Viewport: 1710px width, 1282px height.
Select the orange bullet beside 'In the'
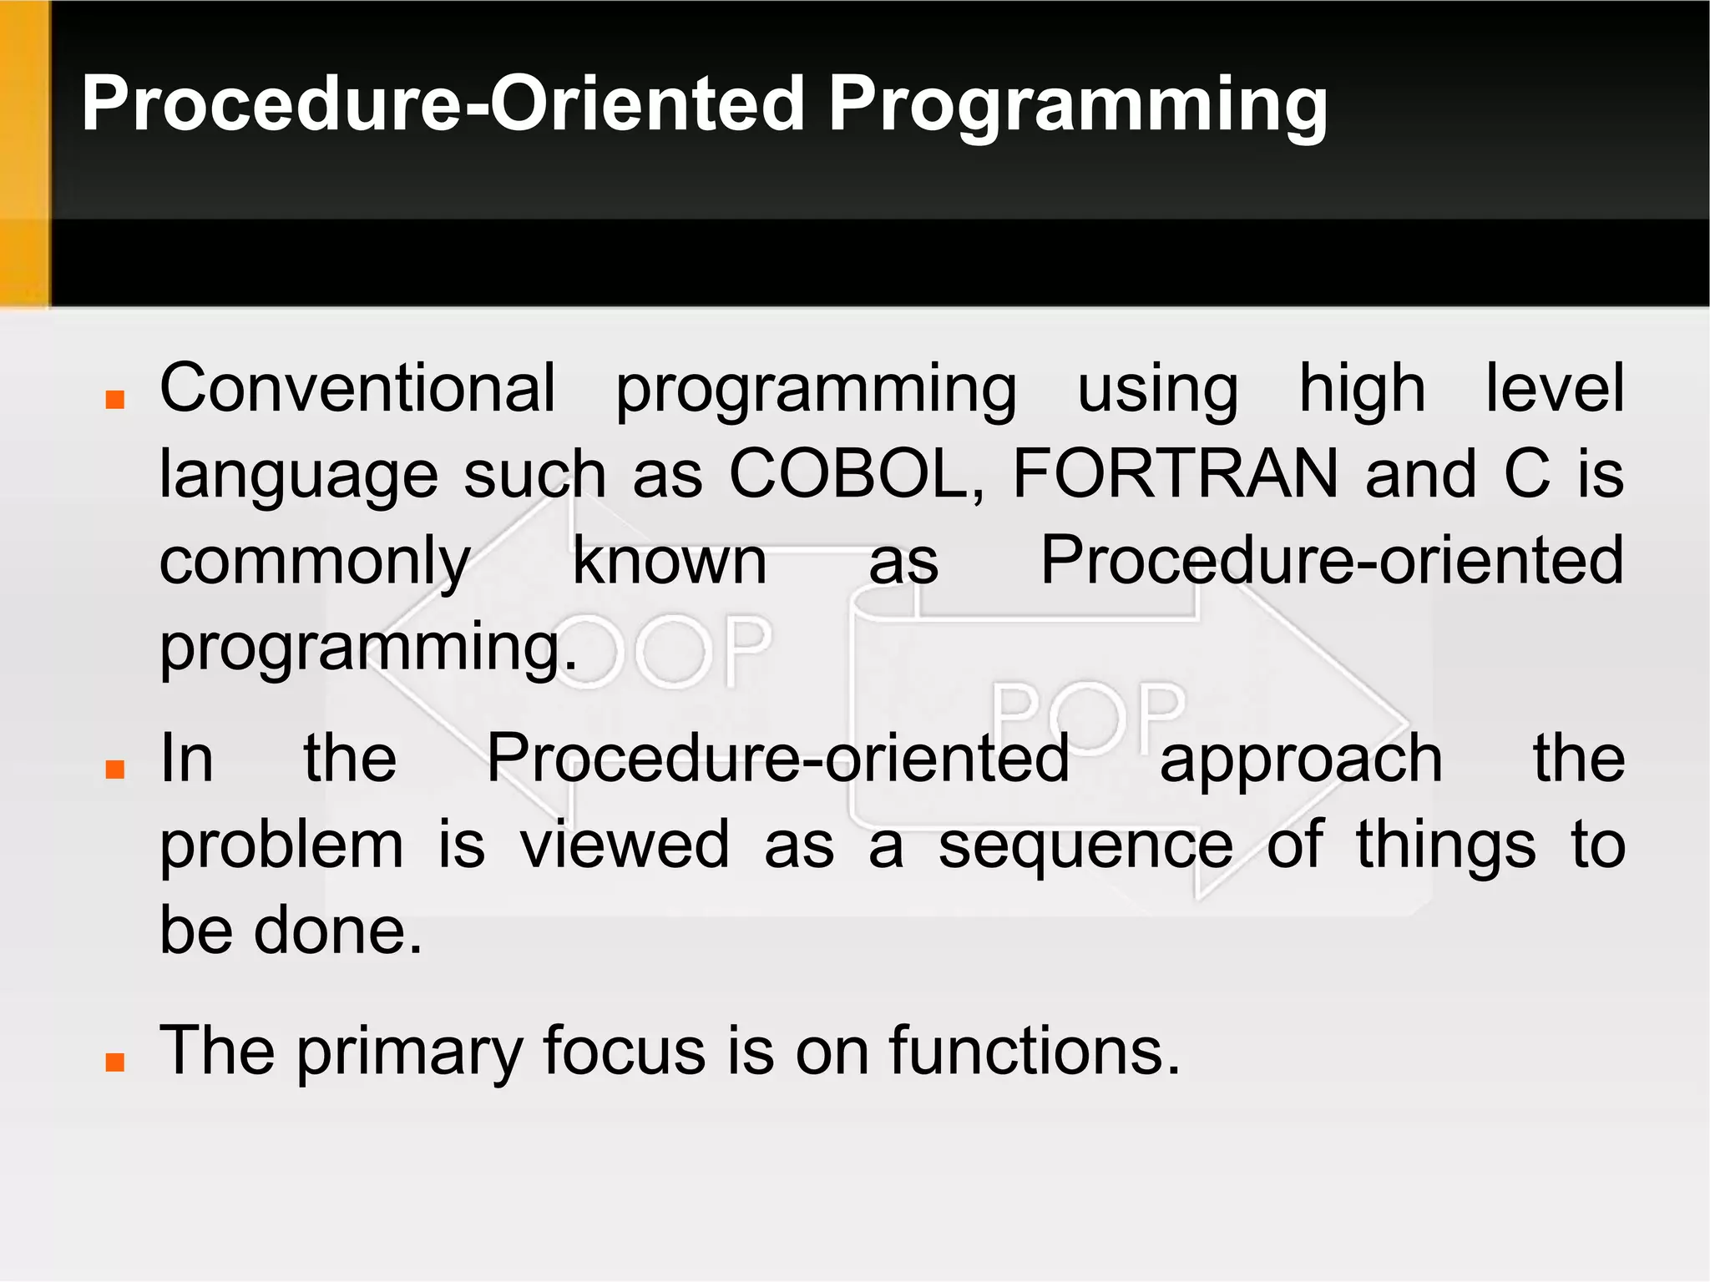pos(115,769)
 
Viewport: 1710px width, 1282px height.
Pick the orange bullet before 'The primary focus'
pos(115,1061)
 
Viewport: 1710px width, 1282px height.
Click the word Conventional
pos(357,388)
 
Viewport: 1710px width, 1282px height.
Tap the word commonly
pos(316,562)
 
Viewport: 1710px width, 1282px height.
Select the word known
pos(669,562)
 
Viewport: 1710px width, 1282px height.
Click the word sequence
pos(1085,845)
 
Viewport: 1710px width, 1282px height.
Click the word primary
pos(409,1052)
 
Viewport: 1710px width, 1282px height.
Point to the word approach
pos(1301,760)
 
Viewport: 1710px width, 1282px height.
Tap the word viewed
pos(625,845)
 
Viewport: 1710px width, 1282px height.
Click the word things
pos(1445,845)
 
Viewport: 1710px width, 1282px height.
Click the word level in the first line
pos(1554,388)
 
